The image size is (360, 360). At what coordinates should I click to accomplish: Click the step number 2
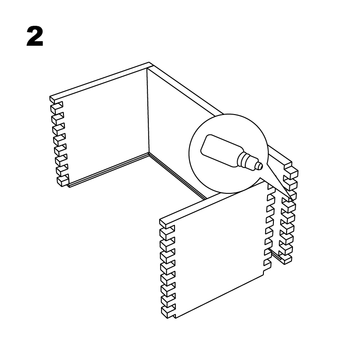point(35,36)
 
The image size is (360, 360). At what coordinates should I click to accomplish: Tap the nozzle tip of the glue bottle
point(260,166)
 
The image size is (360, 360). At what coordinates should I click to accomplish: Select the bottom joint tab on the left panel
point(63,181)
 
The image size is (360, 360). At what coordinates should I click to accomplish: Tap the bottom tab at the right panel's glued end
point(285,259)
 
